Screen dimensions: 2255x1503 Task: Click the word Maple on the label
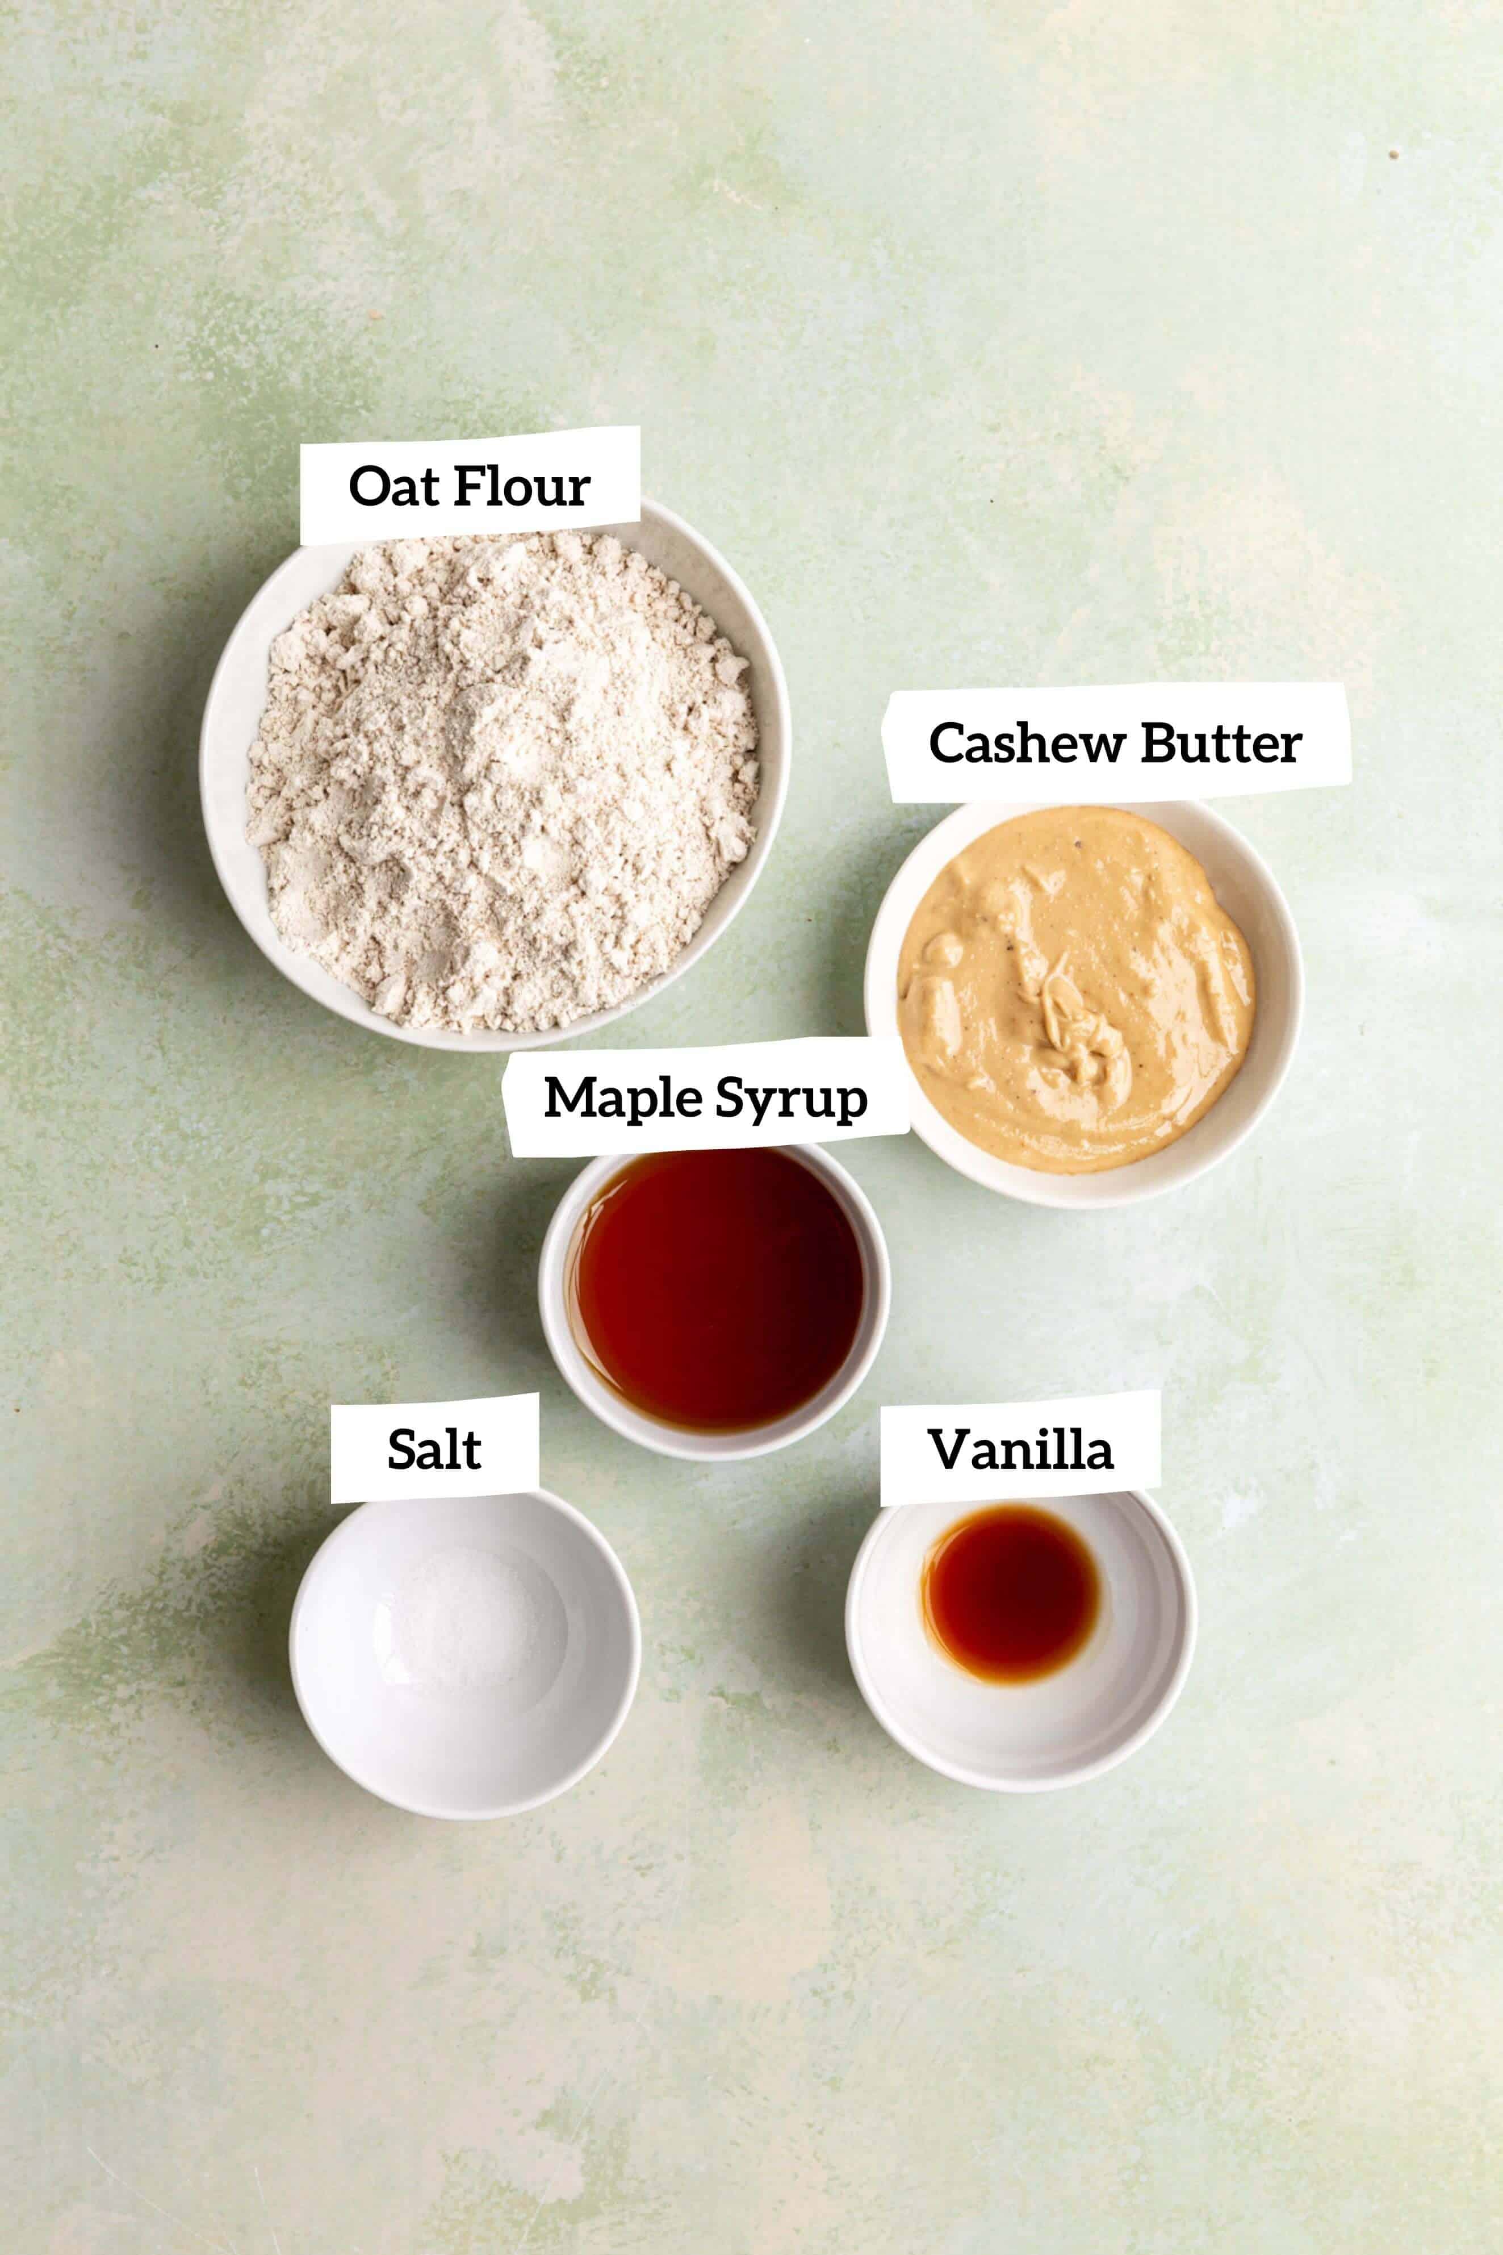[621, 1098]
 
